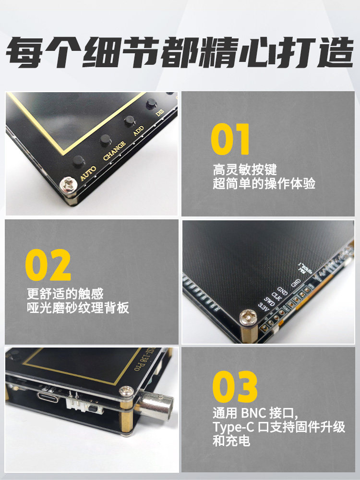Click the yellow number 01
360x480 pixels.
pos(230,139)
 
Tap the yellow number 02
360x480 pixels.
pos(48,265)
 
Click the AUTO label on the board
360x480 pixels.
pos(88,173)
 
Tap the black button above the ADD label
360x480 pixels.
pos(129,120)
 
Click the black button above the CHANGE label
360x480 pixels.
pos(105,140)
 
